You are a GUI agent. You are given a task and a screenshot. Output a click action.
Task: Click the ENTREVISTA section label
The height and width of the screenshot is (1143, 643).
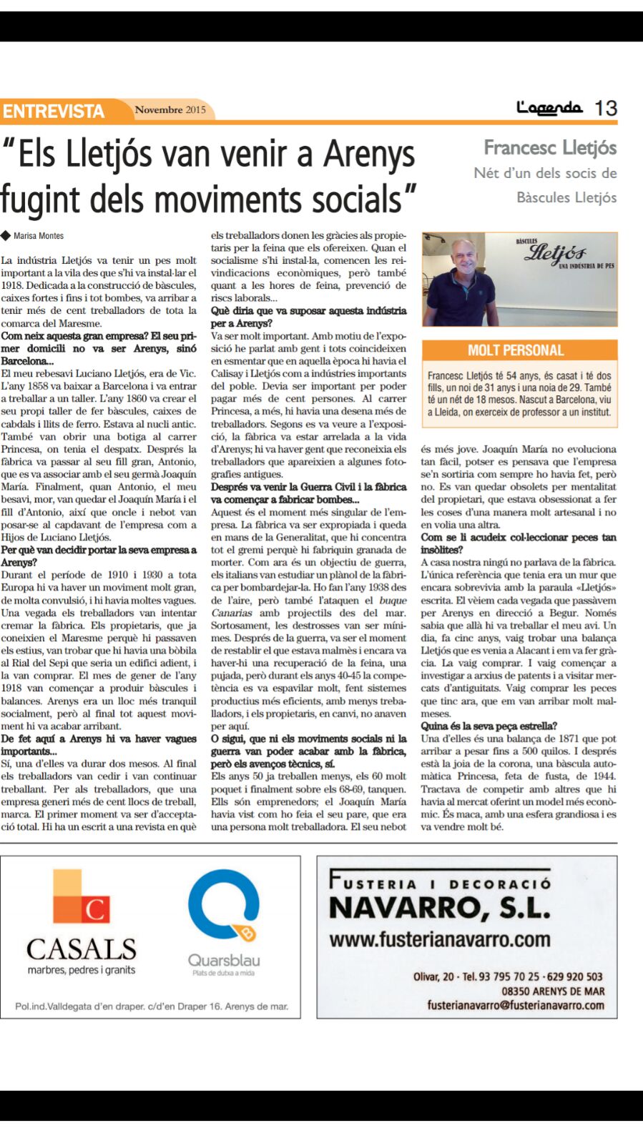54,112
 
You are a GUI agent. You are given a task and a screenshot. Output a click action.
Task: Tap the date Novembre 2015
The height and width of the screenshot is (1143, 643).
170,110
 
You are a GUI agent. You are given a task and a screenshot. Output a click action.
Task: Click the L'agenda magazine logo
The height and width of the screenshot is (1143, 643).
549,108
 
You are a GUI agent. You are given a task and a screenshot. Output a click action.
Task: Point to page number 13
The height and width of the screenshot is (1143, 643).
606,109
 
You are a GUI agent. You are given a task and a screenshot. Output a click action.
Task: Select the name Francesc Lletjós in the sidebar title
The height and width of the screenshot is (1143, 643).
550,148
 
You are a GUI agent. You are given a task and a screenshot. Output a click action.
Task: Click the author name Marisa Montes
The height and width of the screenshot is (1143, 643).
39,236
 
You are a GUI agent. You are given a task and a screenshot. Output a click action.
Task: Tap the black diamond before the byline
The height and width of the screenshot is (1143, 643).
6,235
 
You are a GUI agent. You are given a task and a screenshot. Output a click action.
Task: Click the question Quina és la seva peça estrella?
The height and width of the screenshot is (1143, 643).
489,726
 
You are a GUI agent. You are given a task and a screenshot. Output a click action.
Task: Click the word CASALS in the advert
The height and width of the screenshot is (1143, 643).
82,949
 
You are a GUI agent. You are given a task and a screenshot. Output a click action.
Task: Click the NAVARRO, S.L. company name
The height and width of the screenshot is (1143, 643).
440,908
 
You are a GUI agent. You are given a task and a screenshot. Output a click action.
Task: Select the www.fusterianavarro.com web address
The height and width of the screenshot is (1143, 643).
440,939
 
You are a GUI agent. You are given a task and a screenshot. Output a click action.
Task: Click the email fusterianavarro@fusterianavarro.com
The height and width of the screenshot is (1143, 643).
516,1005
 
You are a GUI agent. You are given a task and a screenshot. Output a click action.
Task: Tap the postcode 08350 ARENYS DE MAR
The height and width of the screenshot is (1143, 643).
553,991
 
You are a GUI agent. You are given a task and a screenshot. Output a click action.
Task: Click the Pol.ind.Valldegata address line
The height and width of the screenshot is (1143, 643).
152,1006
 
